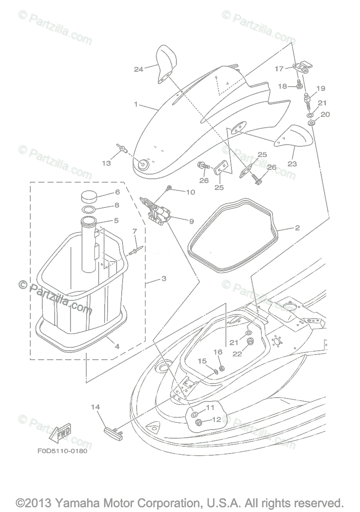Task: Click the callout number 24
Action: [x=138, y=69]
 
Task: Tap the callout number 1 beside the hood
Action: [x=136, y=104]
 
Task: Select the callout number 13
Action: [x=106, y=163]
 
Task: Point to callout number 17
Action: [x=279, y=68]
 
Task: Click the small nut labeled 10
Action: [x=170, y=187]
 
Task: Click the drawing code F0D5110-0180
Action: [x=62, y=451]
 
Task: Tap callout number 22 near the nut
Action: [x=237, y=354]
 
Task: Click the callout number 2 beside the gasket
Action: [x=297, y=228]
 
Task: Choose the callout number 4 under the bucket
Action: [x=117, y=346]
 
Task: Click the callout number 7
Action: [x=135, y=231]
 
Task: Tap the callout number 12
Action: [x=217, y=419]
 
